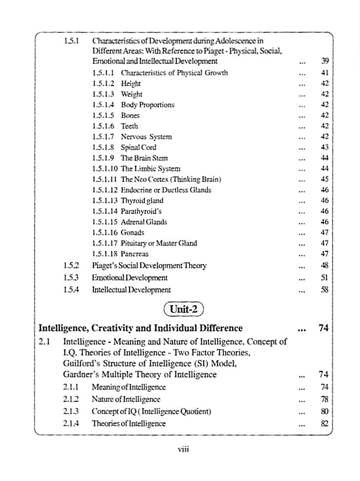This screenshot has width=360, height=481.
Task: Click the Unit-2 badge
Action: click(183, 310)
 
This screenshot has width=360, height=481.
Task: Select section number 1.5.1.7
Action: click(104, 137)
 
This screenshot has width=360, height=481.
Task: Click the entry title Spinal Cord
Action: click(138, 147)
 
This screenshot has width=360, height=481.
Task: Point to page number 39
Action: click(324, 61)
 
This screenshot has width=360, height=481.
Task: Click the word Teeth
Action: click(129, 126)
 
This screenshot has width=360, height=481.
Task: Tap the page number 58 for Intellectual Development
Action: click(324, 290)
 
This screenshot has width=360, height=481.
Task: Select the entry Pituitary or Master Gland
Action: click(159, 243)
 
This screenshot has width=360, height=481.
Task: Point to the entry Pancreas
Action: click(135, 254)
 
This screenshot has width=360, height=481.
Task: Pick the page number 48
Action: click(324, 266)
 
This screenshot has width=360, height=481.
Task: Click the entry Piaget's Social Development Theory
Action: click(149, 266)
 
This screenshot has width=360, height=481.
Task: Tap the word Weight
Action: click(131, 94)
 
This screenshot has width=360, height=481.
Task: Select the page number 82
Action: click(324, 423)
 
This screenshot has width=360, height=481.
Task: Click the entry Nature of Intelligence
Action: click(126, 399)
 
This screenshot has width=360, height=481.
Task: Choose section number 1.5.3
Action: click(71, 277)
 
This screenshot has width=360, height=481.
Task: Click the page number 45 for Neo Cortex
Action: click(324, 179)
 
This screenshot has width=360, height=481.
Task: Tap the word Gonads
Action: click(132, 232)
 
